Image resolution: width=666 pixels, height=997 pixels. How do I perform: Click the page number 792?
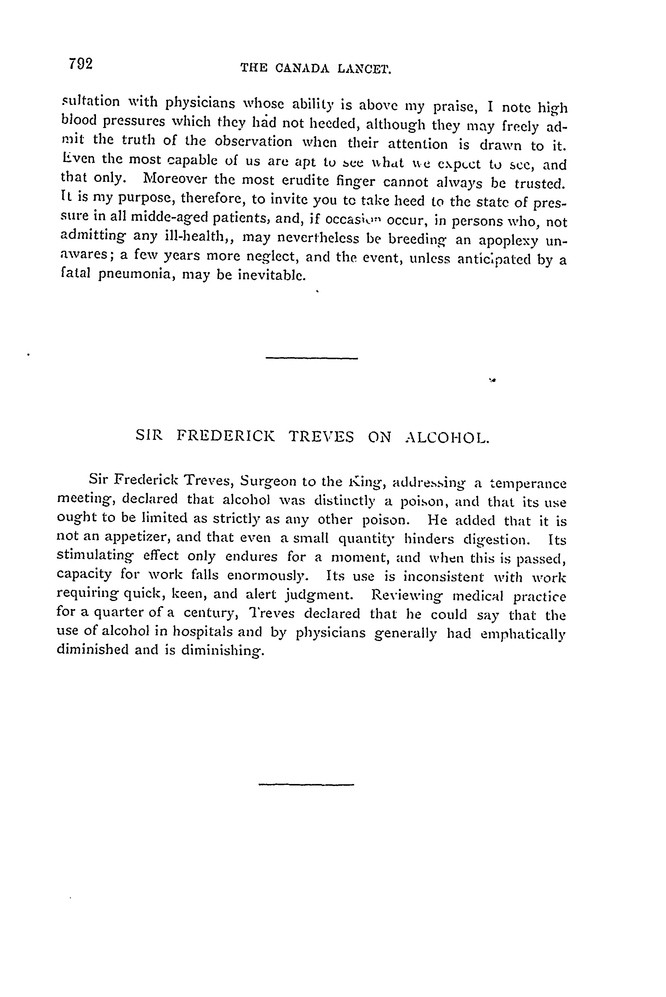(x=80, y=64)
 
